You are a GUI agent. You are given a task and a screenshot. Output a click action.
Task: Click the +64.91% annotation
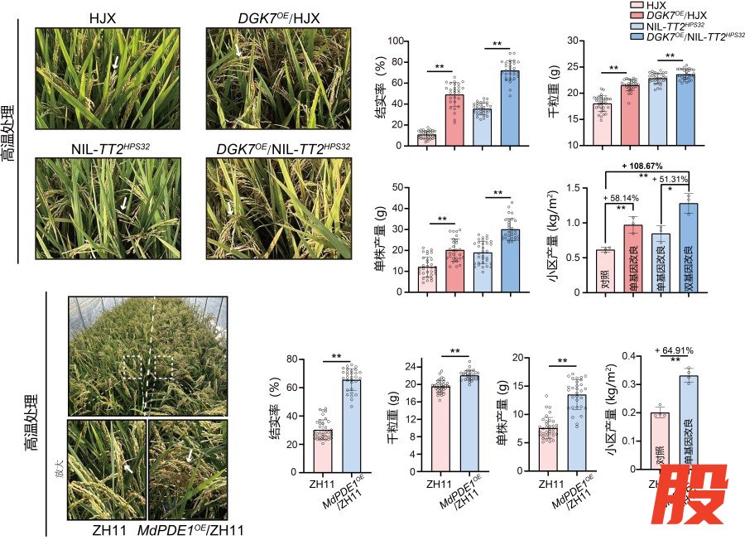click(x=675, y=350)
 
